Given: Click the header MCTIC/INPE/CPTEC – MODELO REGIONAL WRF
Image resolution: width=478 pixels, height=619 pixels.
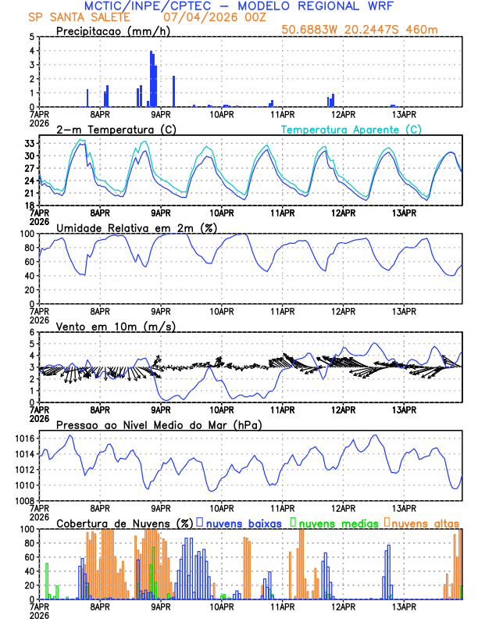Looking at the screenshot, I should click(238, 6).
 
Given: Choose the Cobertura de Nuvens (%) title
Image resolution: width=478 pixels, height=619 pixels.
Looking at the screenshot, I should click(124, 522).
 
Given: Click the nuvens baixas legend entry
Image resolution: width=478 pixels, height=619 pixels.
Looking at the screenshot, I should click(243, 522).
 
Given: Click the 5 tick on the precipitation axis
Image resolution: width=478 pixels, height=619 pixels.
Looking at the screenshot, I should click(31, 37).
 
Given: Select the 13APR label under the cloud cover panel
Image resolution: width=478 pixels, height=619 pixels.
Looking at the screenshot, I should click(403, 606).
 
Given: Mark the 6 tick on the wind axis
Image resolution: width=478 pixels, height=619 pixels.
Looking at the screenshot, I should click(31, 333).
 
